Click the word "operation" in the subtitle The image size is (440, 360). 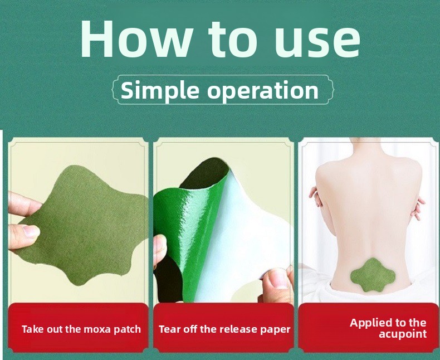(263, 91)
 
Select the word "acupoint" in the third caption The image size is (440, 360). (403, 334)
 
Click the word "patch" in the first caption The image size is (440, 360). (127, 329)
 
